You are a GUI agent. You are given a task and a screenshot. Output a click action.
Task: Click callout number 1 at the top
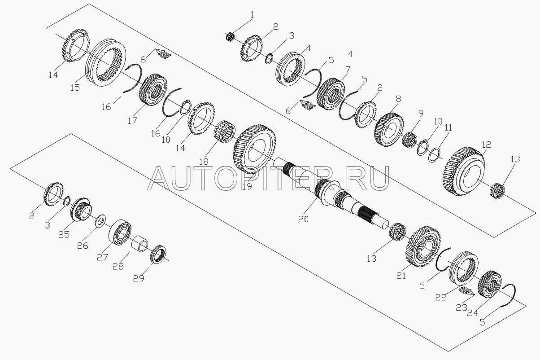click(252, 15)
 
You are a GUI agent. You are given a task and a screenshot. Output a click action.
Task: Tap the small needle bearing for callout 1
click(230, 36)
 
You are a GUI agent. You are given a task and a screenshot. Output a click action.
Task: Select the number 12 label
click(487, 145)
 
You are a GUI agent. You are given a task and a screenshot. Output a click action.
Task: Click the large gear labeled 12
click(464, 171)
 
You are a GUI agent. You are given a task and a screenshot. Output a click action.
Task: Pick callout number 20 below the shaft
click(303, 219)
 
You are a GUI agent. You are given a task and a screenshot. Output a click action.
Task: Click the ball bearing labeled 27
click(120, 233)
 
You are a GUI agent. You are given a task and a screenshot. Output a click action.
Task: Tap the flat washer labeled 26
click(100, 220)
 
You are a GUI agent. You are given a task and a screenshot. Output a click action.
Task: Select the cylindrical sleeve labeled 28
click(139, 244)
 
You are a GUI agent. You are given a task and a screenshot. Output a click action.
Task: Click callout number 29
click(139, 278)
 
